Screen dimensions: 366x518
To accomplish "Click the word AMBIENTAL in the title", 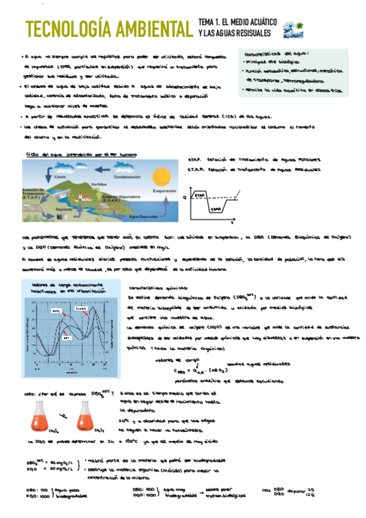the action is [154, 28].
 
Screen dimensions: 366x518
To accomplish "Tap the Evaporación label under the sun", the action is [164, 191].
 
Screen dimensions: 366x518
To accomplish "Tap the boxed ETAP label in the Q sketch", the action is [200, 195].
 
